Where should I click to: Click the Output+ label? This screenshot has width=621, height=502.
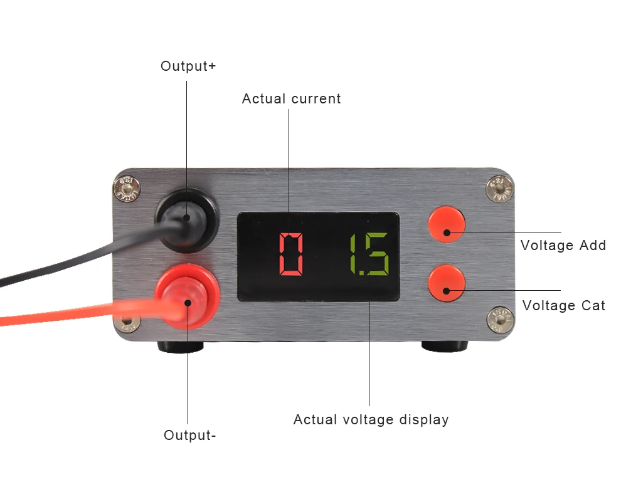[x=188, y=66]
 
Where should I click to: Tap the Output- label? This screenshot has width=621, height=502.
[x=190, y=435]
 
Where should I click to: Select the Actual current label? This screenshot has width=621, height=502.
[x=291, y=99]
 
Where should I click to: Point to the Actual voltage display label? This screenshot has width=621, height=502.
[x=371, y=420]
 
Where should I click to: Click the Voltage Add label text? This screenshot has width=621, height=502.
[x=563, y=246]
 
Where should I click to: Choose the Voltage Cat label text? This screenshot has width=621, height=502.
[x=563, y=306]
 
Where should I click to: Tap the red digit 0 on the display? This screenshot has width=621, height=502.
[x=291, y=254]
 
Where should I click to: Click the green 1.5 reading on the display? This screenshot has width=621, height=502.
[x=369, y=254]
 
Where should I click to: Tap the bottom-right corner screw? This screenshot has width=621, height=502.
[x=501, y=319]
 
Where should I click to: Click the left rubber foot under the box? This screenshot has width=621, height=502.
[x=179, y=346]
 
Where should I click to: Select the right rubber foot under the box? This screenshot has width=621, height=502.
[x=444, y=346]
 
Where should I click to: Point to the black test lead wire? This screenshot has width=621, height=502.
[x=75, y=259]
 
